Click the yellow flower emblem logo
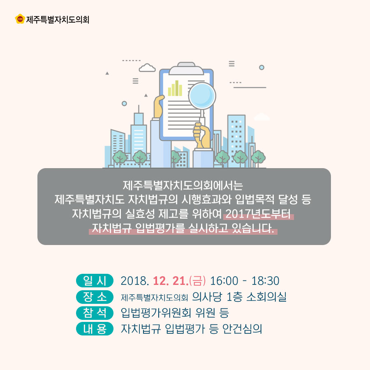coord(20,19)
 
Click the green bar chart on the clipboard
coord(175,88)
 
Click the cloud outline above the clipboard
coord(147,68)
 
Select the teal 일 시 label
coord(95,280)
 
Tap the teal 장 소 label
coord(95,296)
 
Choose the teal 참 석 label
coord(95,313)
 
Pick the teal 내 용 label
coord(95,328)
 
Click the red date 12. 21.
coord(171,281)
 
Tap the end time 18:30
coord(265,281)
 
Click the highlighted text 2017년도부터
coord(258,214)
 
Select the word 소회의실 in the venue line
coord(266,297)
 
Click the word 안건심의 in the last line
coord(242,329)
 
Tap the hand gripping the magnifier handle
coord(202,135)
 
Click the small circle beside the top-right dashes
coord(261,67)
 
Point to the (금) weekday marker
coord(197,281)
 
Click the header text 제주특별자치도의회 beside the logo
coord(58,20)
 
